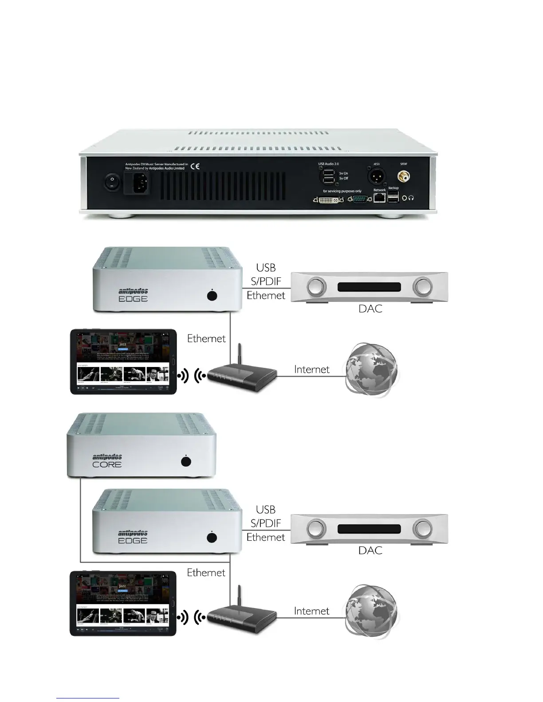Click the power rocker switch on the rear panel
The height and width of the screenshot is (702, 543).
pos(111,182)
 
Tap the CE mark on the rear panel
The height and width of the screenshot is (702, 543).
pos(195,166)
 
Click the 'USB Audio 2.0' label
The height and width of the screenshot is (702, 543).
pos(328,164)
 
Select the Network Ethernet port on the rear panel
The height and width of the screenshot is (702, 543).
pos(379,199)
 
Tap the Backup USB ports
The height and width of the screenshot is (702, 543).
pos(393,198)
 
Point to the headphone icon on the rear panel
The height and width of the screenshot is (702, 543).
pos(411,199)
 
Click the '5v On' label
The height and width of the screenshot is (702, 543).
pos(343,173)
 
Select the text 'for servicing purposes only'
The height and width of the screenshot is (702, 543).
pos(342,191)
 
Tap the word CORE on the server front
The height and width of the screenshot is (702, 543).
pos(107,465)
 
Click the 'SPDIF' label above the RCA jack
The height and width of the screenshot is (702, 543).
pos(404,164)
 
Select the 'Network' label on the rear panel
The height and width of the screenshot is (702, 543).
pos(379,190)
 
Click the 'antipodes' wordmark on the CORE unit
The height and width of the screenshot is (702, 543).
pos(107,457)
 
